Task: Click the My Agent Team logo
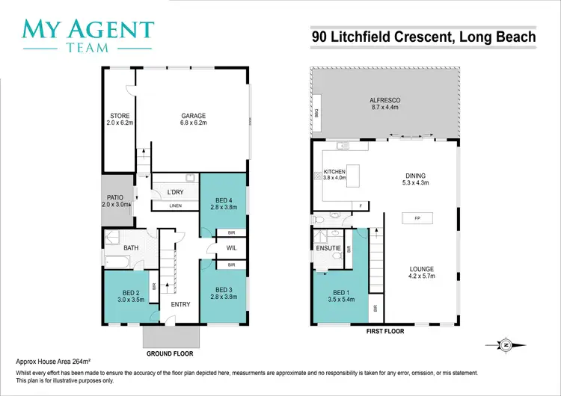(89, 35)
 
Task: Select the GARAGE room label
(193, 116)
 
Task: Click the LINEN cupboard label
(176, 205)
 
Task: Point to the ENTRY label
(180, 304)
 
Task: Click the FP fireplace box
(415, 218)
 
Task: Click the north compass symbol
(506, 344)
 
